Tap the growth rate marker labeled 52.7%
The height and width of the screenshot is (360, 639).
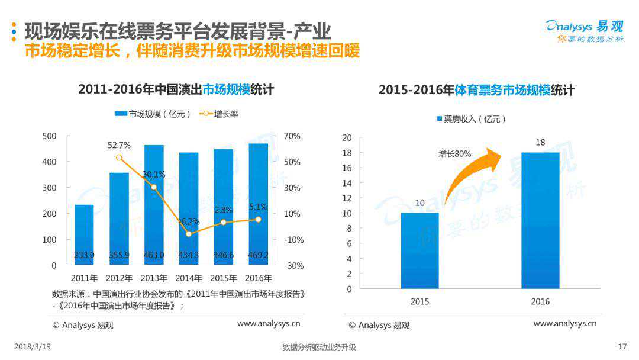(120, 157)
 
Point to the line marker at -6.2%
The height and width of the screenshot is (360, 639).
(189, 234)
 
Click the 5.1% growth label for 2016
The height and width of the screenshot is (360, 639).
(258, 207)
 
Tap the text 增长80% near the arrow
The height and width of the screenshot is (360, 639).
(454, 154)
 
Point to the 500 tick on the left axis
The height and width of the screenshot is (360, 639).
(50, 136)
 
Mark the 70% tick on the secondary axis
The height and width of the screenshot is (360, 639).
(292, 136)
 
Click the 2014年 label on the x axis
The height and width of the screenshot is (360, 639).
(189, 278)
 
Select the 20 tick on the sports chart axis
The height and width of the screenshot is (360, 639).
(347, 138)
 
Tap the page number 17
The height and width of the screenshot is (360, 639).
(622, 347)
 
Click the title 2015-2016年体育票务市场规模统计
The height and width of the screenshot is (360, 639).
(476, 90)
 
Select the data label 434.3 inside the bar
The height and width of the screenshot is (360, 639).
(189, 255)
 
